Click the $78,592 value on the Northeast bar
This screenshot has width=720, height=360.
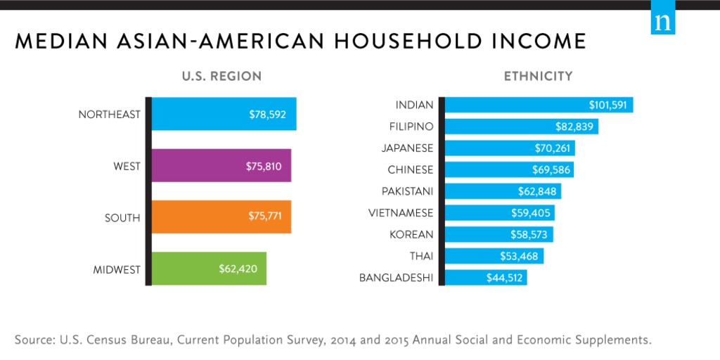click(267, 115)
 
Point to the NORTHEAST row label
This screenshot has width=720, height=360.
click(110, 115)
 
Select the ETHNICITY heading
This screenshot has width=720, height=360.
click(538, 76)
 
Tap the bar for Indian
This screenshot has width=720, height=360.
click(539, 105)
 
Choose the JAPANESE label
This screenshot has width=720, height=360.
click(407, 148)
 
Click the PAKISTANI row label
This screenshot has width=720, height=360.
click(407, 191)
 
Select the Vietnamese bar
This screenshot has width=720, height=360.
click(499, 213)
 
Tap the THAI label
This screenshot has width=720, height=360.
click(421, 256)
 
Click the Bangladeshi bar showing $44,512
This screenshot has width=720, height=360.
click(485, 278)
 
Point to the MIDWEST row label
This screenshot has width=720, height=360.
click(117, 269)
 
